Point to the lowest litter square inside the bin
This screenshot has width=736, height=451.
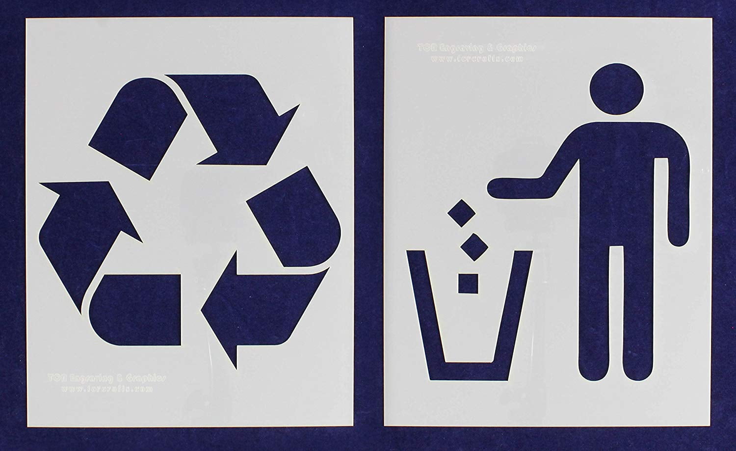(x=468, y=283)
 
